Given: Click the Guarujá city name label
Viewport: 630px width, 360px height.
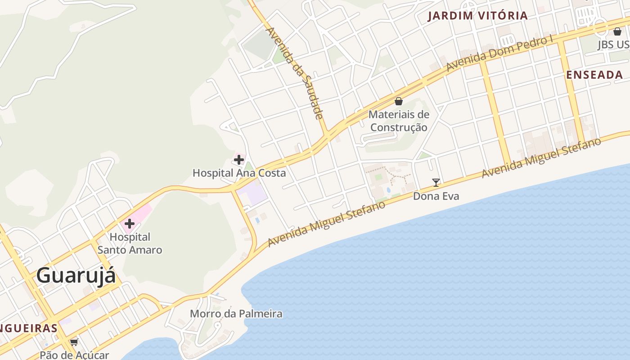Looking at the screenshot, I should point(76,275).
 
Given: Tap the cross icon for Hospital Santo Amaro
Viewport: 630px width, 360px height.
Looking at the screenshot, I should point(130,223).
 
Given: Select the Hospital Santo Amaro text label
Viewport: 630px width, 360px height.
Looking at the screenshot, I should point(130,243).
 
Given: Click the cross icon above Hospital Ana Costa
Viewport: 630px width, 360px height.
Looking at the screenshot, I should point(238,159).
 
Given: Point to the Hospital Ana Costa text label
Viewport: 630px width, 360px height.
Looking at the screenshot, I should point(239,173).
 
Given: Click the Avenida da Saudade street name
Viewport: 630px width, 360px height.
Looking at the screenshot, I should point(295,73).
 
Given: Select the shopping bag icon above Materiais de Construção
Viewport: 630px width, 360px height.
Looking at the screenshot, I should point(398,101).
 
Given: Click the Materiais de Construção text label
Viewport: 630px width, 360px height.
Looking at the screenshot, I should point(398,121).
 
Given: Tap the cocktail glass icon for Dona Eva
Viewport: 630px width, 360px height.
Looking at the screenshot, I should point(436,182).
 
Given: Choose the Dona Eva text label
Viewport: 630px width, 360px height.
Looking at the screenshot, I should point(436,196).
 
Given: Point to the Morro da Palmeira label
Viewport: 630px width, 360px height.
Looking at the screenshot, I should point(236,314).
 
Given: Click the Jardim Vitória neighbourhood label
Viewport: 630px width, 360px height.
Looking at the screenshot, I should point(477,16).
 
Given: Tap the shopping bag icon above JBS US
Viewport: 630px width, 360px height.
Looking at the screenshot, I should point(617,31).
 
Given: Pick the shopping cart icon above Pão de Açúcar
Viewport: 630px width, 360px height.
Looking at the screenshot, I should point(74,342).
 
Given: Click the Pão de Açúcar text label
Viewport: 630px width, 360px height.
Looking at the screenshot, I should point(74,355).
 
